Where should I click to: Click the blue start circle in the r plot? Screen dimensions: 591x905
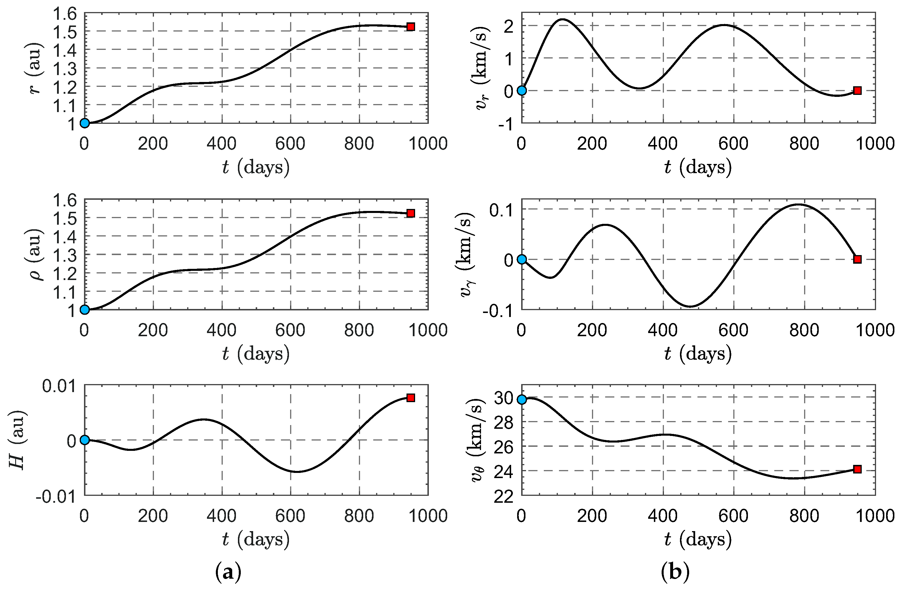coord(84,123)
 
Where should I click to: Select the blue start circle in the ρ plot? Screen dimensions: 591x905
coord(84,309)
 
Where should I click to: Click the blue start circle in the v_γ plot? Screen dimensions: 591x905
coord(522,259)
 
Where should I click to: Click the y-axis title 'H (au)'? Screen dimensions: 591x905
coord(17,440)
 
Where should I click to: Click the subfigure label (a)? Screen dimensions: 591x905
coord(228,571)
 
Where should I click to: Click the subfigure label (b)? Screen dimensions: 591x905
coord(675,571)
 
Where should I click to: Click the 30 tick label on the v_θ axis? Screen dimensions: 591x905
coord(503,398)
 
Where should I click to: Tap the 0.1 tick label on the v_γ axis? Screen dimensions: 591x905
coord(501,210)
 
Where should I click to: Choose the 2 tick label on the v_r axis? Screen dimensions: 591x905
coord(508,26)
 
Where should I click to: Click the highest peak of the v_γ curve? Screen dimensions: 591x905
coord(798,204)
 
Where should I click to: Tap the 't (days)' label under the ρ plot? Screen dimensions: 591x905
coord(255,354)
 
